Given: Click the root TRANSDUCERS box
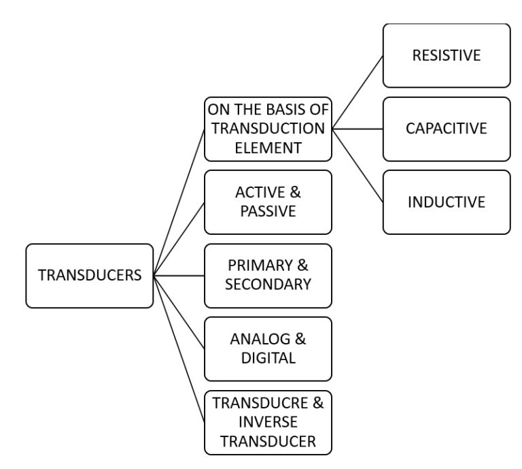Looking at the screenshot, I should pos(89,276).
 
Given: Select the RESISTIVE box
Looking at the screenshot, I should pos(446,55).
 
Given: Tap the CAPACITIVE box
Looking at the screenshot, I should pos(446,129).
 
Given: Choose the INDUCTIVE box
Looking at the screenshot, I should pos(446,202).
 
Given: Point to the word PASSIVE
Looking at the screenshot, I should pos(268,211).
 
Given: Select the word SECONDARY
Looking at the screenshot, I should pos(268,285).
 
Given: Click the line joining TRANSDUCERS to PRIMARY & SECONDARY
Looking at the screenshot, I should pos(179,276).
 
